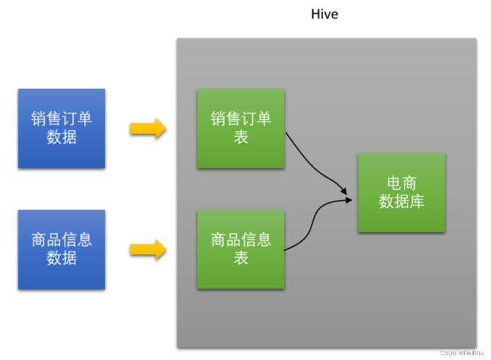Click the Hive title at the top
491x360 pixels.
coord(324,14)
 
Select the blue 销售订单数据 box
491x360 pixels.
coord(61,128)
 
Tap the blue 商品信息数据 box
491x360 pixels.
coord(61,249)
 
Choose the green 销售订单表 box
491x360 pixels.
coord(241,128)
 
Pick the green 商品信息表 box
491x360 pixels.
coord(241,249)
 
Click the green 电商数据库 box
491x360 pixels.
coord(401,192)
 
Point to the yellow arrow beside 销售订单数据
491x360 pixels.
coord(148,128)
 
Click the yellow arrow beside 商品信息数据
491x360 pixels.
coord(148,249)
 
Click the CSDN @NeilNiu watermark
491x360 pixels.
coord(463,353)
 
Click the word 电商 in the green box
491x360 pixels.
coord(401,183)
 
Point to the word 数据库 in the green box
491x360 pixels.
coord(401,202)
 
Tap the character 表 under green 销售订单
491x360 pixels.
coord(241,138)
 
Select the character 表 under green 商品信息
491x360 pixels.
coord(241,259)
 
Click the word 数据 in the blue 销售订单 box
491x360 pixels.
coord(61,138)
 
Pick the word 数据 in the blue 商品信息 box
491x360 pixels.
coord(61,259)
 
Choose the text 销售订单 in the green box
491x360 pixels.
coord(241,119)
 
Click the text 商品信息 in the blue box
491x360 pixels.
coord(61,240)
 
